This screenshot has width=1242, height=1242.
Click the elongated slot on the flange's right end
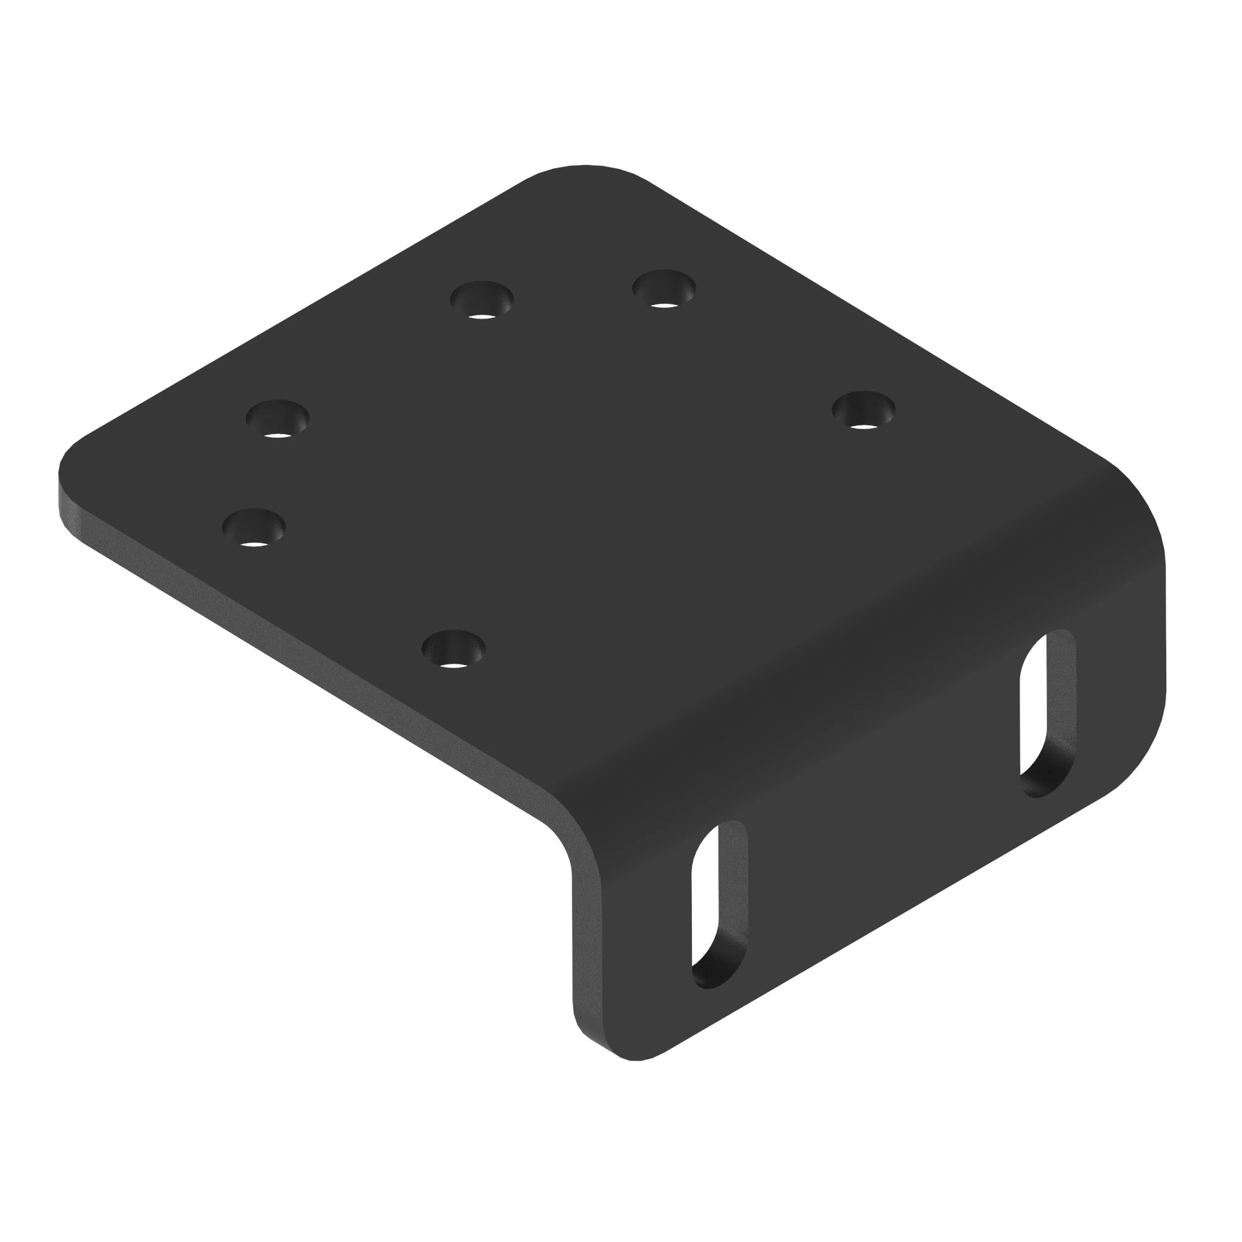pyautogui.click(x=1048, y=714)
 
